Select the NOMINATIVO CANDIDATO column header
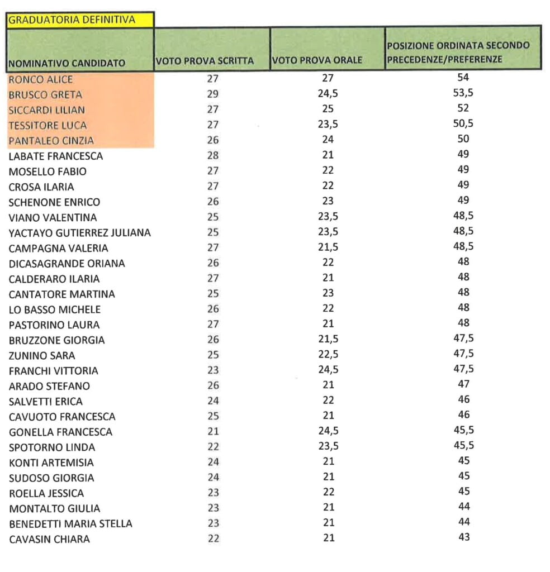(67, 63)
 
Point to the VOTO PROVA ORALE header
(317, 60)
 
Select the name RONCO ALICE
(41, 79)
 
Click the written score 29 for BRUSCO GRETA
(213, 94)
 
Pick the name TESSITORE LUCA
(48, 125)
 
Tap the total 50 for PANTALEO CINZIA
(463, 139)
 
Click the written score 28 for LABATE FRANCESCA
(213, 156)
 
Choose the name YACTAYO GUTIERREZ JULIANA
(79, 232)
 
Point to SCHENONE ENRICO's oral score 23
(328, 202)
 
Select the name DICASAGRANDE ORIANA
(67, 263)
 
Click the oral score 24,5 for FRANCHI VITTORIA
(328, 370)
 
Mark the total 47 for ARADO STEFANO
(463, 384)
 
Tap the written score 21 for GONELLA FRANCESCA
(213, 432)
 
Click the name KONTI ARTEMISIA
(51, 463)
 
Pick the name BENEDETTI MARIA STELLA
(70, 524)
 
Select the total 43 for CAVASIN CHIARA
(463, 537)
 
